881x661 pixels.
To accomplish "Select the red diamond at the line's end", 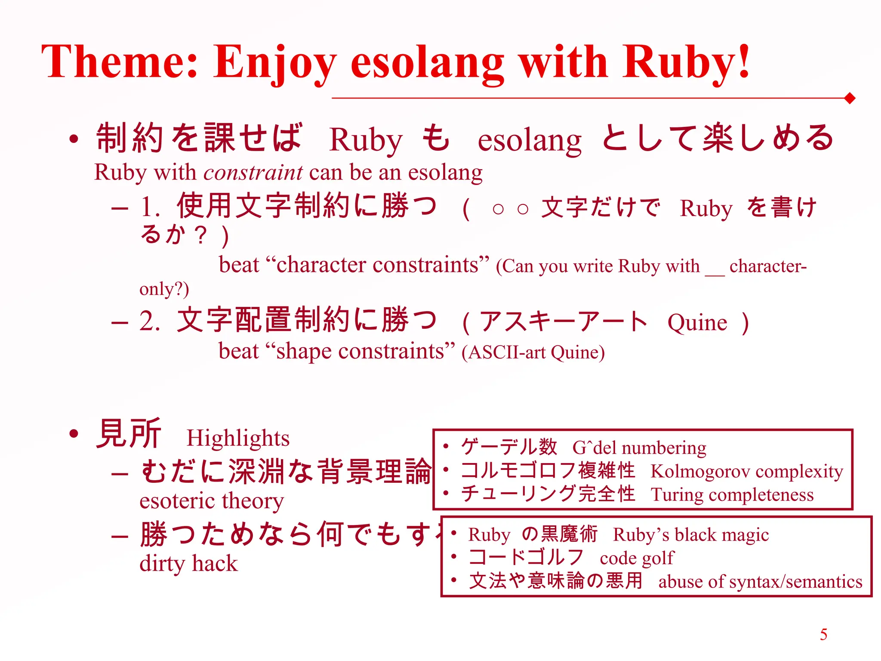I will click(x=850, y=99).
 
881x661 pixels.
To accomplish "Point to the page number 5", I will click(x=823, y=635).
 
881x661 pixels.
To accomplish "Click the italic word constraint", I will click(x=253, y=173).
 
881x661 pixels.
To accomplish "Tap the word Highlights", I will click(x=238, y=439).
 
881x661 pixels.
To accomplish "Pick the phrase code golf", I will click(x=637, y=558).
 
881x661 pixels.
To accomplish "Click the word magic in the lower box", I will click(x=746, y=535).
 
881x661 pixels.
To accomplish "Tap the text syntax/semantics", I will click(x=795, y=582).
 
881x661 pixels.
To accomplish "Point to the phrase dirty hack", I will click(x=188, y=564).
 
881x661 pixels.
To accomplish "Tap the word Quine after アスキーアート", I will click(x=697, y=323).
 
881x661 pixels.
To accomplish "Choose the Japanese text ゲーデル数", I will click(x=509, y=447).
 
